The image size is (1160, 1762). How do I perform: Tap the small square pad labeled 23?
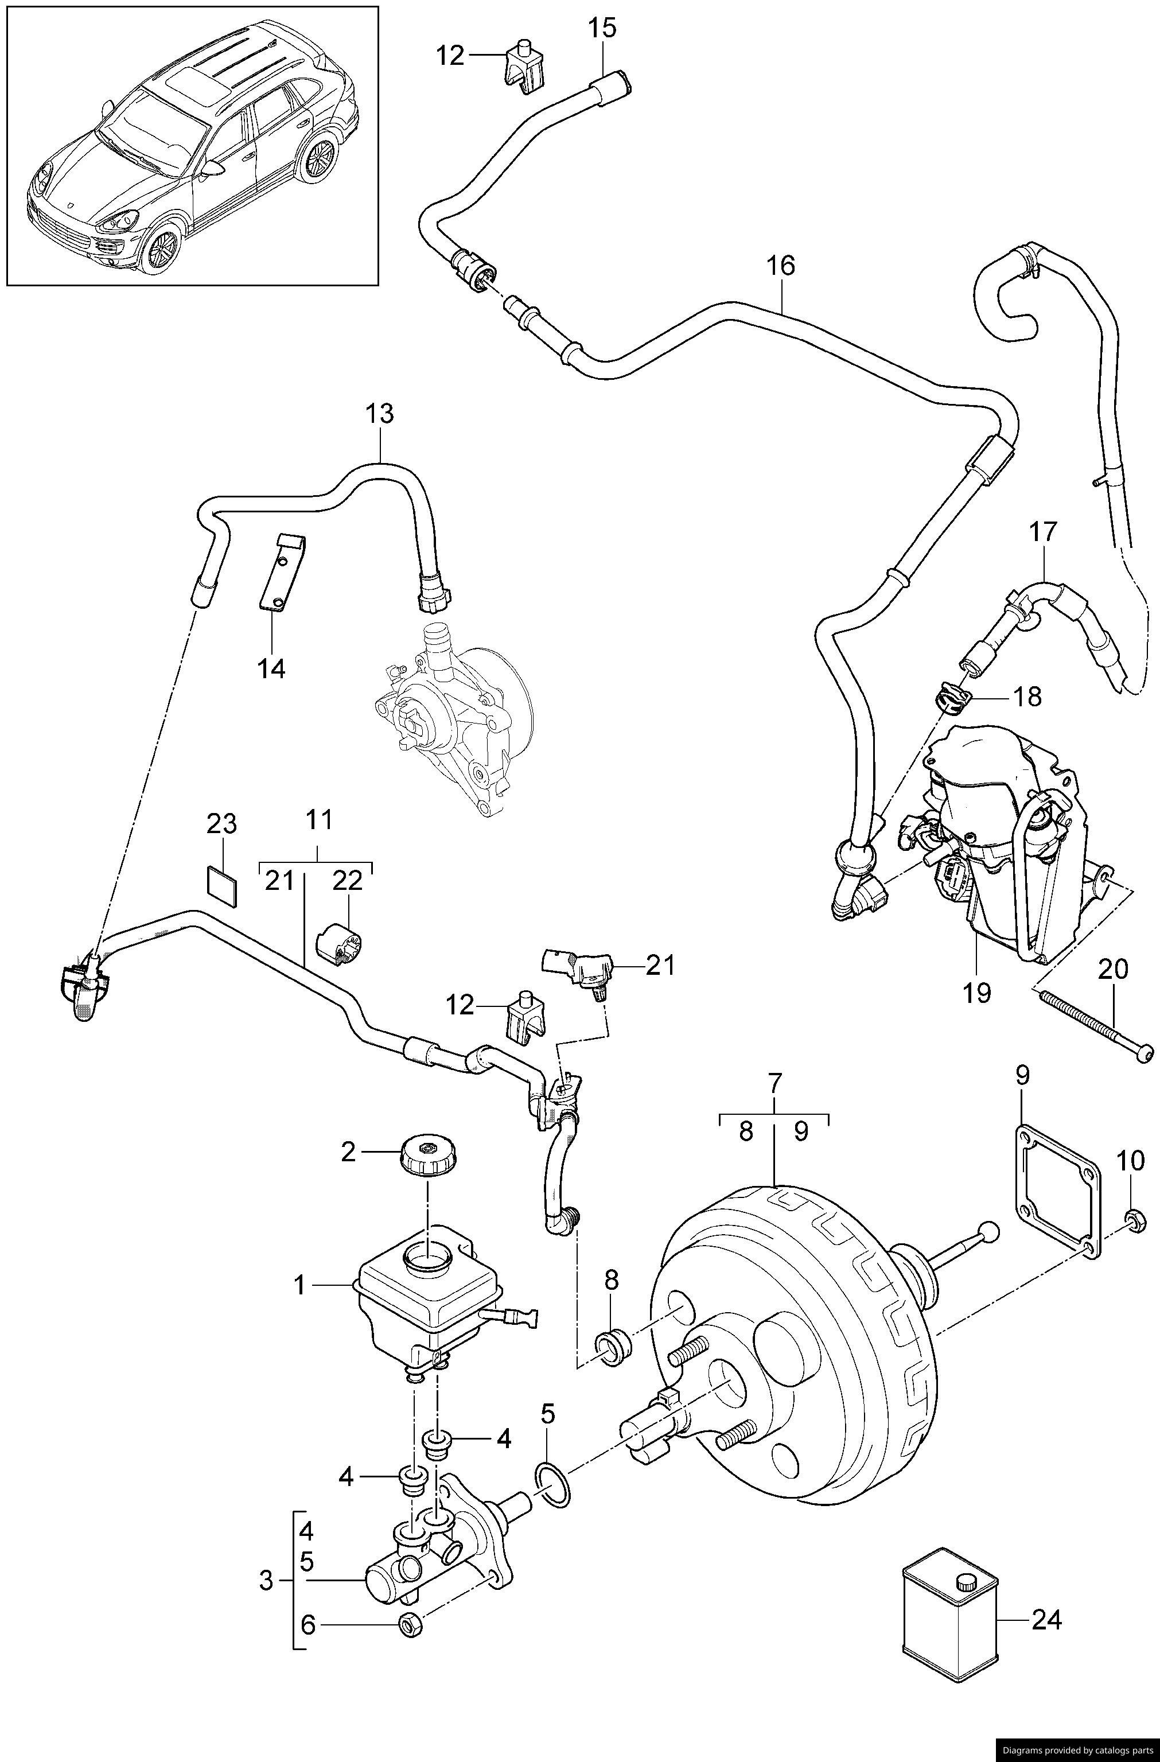pos(221,885)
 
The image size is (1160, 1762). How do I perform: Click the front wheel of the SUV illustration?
pos(161,250)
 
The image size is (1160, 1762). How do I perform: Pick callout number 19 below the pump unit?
pos(977,992)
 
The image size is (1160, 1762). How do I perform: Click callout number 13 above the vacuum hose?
pos(380,414)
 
